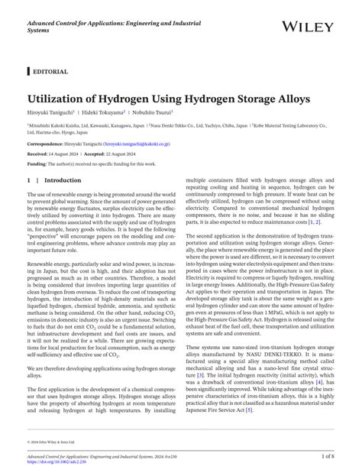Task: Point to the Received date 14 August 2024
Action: [71, 153]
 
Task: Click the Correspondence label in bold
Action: [46, 143]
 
